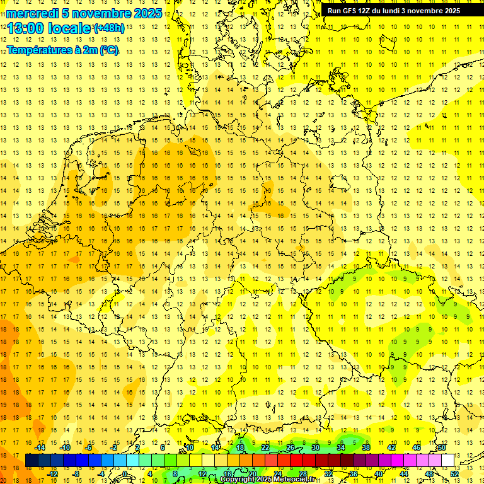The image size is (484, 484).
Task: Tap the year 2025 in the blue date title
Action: click(146, 13)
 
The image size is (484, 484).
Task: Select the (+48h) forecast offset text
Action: click(109, 28)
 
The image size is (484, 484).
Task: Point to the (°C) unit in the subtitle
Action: click(108, 50)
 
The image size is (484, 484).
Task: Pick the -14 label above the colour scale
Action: click(40, 447)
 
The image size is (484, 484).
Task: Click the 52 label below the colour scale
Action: click(454, 473)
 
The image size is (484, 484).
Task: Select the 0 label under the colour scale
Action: click(125, 473)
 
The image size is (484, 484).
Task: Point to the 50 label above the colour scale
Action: click(442, 447)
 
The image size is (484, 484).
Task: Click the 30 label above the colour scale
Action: click(316, 447)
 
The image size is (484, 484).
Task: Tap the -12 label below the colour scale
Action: click(53, 473)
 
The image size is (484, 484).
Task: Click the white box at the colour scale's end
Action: click(447, 460)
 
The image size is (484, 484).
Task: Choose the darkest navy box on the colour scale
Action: click(32, 460)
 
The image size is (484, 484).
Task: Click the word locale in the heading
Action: click(69, 29)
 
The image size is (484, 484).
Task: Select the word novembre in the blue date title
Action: click(100, 13)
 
